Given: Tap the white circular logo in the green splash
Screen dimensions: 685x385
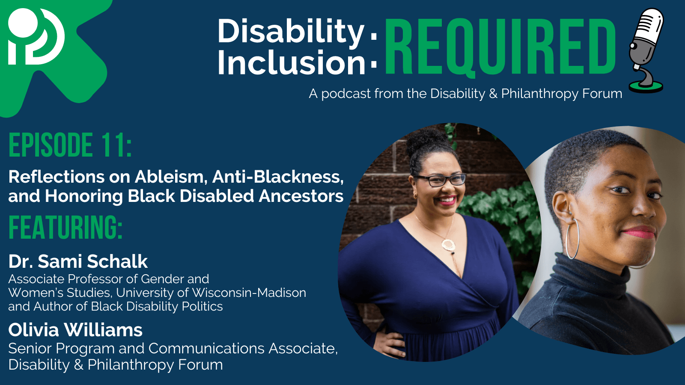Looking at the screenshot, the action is point(36,37).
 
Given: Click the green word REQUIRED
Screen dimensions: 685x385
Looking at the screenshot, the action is point(500,47).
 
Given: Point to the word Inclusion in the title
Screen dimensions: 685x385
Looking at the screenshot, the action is point(291,62).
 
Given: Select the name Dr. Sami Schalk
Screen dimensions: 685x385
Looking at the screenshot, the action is point(78,261).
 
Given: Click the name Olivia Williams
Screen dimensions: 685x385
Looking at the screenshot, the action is point(75,330).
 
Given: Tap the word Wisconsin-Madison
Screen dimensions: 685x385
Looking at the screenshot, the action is point(249,293).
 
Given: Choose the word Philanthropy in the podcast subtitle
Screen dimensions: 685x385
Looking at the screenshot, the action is point(539,94).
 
